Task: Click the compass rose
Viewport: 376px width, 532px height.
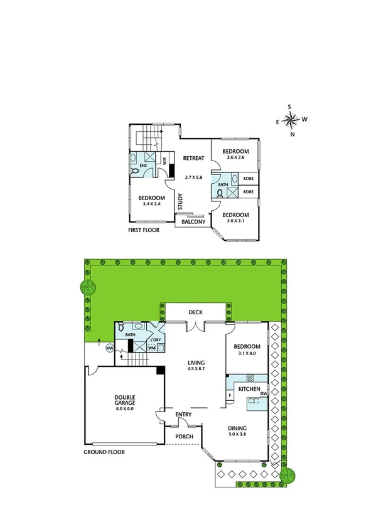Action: click(x=292, y=120)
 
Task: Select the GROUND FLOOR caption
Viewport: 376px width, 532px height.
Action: click(x=104, y=452)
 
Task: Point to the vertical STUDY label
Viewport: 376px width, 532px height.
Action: click(x=180, y=203)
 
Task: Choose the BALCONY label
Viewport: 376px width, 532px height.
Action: click(x=193, y=221)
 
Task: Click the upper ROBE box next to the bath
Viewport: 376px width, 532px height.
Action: click(x=248, y=179)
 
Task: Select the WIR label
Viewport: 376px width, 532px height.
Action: click(x=164, y=161)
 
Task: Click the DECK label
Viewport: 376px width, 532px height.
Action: click(x=196, y=312)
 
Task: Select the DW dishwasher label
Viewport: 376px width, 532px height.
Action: click(x=264, y=393)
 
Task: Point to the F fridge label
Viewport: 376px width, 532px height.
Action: click(x=230, y=396)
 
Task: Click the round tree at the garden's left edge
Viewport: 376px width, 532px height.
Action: click(x=87, y=288)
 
